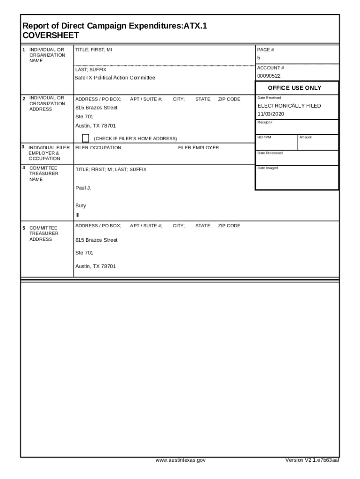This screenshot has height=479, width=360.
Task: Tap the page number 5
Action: tap(259, 58)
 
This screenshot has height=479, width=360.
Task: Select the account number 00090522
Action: tap(269, 76)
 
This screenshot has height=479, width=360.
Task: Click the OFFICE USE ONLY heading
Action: tap(295, 88)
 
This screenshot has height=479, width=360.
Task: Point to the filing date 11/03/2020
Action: tap(271, 114)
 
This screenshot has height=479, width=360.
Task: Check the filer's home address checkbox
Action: tap(86, 138)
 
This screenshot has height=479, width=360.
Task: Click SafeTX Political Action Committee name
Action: tap(115, 78)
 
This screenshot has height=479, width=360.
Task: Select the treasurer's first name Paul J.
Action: tap(83, 188)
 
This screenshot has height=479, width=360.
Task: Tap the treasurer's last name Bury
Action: tap(80, 205)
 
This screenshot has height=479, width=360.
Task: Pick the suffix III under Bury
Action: tap(78, 215)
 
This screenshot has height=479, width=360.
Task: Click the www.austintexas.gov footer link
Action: tap(180, 460)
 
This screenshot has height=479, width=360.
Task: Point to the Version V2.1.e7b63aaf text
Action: tap(312, 460)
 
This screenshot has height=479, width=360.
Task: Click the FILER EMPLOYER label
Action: tap(198, 148)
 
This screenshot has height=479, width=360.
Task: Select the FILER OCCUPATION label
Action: tap(98, 148)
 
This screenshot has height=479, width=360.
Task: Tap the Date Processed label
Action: tap(270, 153)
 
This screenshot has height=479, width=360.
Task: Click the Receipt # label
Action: tap(265, 122)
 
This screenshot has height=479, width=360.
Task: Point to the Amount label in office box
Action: tap(305, 137)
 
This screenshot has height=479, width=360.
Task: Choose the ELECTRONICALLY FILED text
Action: tap(289, 106)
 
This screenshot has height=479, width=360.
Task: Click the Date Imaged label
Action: tap(267, 168)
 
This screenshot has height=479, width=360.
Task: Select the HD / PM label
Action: tap(264, 137)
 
